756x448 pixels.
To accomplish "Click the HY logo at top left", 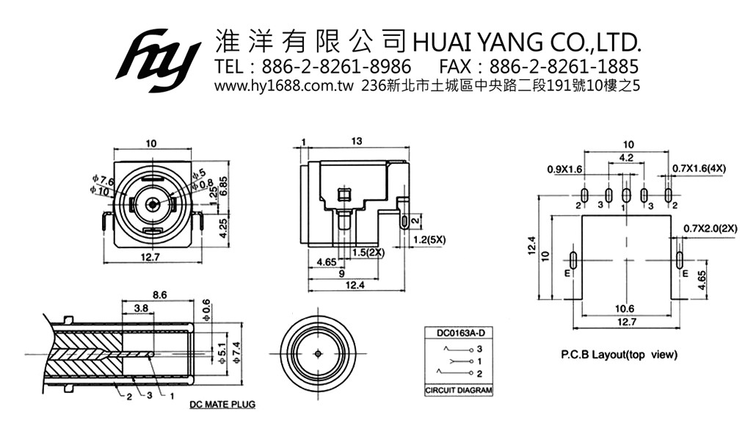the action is click(x=158, y=59).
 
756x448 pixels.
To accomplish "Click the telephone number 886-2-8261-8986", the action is click(x=337, y=67).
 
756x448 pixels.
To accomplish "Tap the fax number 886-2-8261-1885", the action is click(x=564, y=67).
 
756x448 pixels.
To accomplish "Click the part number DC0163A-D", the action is click(x=457, y=333).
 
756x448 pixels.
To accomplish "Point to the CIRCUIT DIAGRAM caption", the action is click(x=459, y=390).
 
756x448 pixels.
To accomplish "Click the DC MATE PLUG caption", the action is click(x=222, y=405).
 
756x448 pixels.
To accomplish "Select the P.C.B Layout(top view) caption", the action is click(x=619, y=355).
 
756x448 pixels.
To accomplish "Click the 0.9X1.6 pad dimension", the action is click(x=564, y=169).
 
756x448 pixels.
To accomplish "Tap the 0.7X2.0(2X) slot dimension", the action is click(x=710, y=228).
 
